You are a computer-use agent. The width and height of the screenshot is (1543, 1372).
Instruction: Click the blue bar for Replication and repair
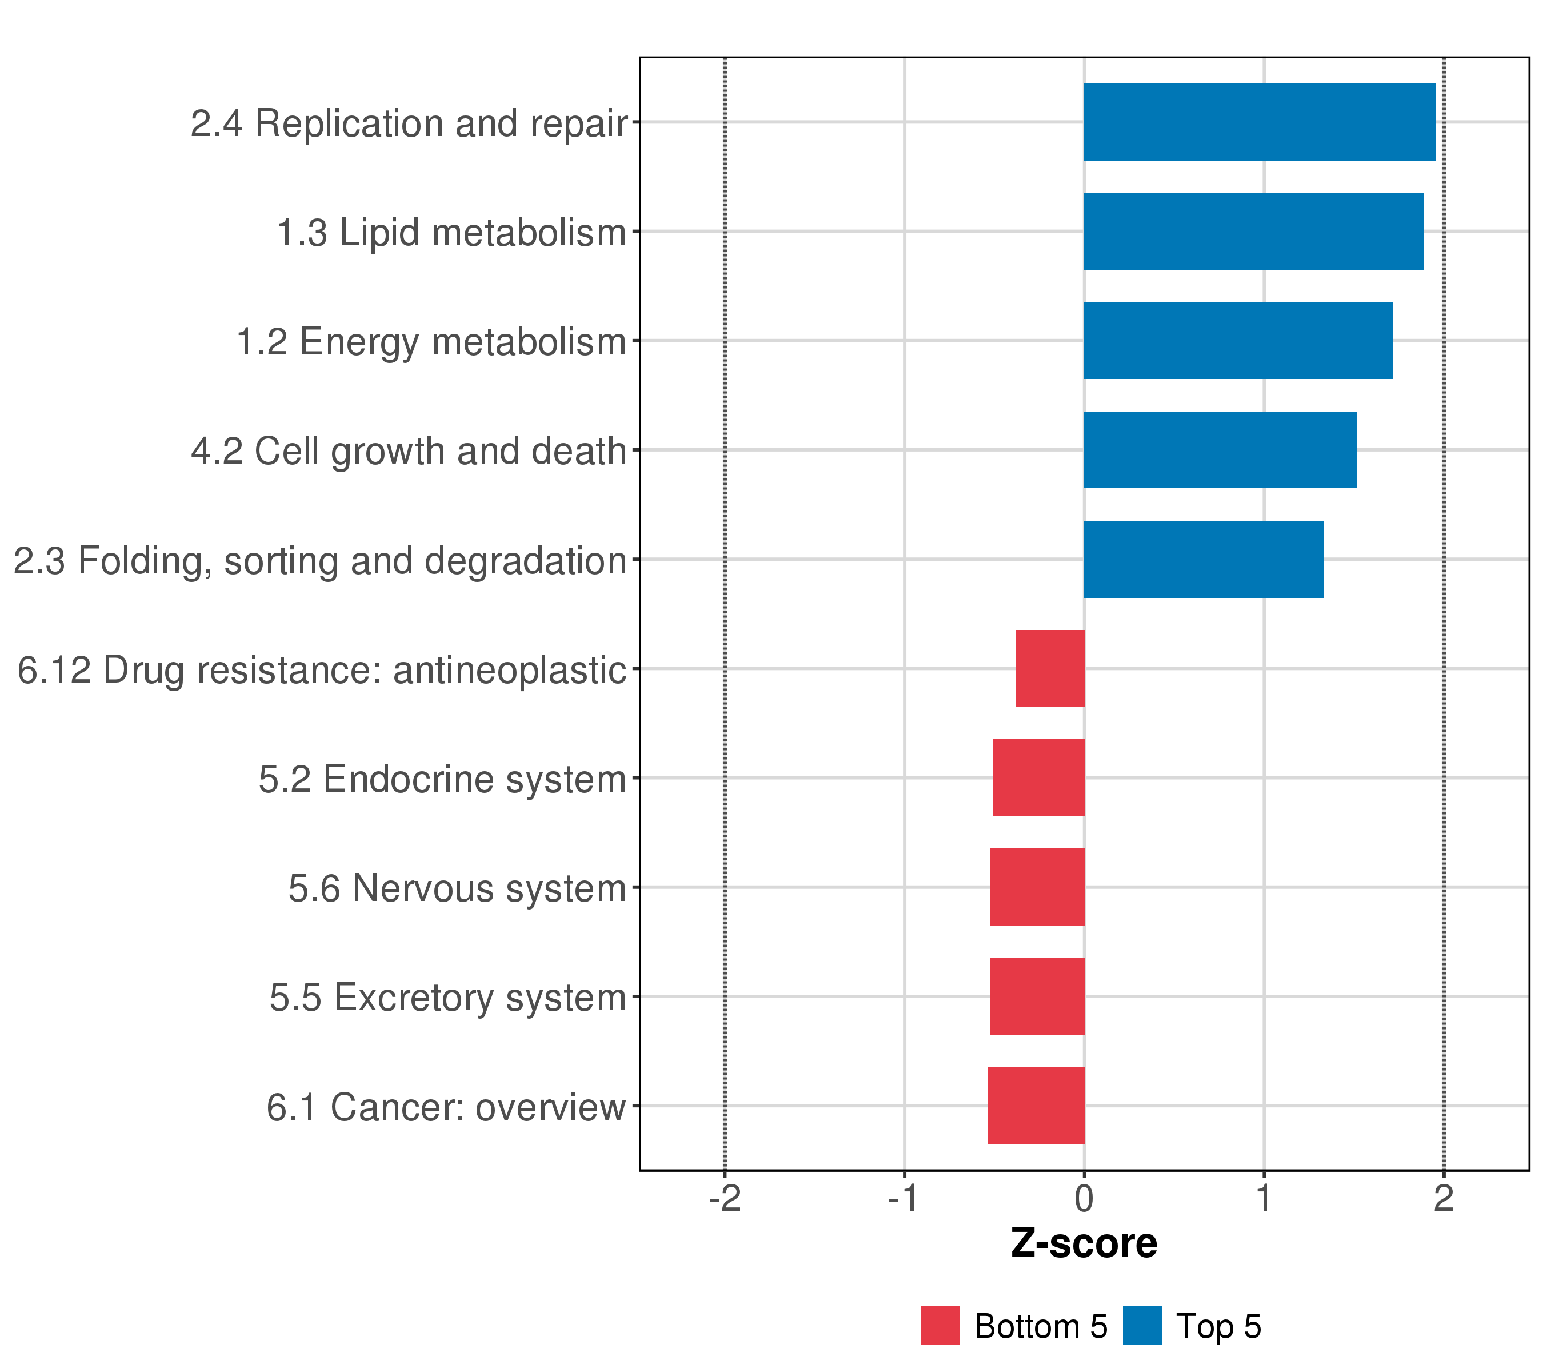[1258, 122]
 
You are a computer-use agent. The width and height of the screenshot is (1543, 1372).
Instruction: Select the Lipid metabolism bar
[1253, 231]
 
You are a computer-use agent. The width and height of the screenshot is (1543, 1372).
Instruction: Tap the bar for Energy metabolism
[1238, 341]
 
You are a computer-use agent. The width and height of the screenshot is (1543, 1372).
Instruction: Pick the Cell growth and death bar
[1220, 450]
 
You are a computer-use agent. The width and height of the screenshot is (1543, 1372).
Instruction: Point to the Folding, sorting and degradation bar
[1204, 560]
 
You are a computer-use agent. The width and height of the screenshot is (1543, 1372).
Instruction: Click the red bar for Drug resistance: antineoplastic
[1050, 668]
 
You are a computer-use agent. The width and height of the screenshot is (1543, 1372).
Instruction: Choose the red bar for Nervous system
[1037, 887]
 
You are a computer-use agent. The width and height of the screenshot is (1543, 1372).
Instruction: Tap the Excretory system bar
[1037, 997]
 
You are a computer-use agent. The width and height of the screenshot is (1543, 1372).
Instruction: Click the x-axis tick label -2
[725, 1198]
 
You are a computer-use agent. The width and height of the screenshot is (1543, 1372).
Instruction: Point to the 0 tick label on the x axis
[1084, 1198]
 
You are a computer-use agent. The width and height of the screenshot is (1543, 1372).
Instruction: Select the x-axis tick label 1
[1264, 1198]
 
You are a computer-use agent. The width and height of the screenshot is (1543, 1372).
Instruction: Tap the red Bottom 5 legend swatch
[940, 1326]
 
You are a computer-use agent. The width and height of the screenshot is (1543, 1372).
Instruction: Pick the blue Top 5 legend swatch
[1142, 1326]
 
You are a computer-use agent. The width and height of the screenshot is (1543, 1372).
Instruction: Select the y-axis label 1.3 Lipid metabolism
[451, 233]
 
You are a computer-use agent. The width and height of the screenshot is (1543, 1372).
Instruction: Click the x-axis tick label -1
[904, 1198]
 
